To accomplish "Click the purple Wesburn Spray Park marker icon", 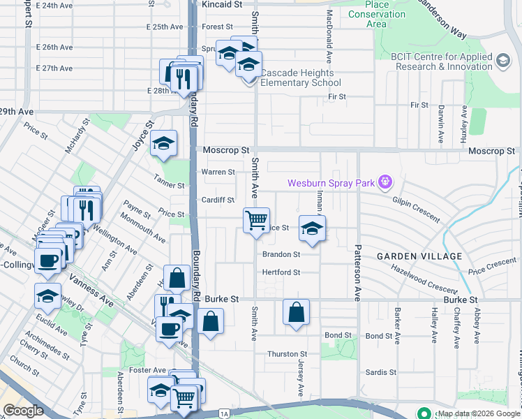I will pyautogui.click(x=384, y=184).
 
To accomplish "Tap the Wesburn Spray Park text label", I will pyautogui.click(x=331, y=184).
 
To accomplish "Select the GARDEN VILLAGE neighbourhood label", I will pyautogui.click(x=419, y=256).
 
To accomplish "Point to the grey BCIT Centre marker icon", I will pyautogui.click(x=502, y=61).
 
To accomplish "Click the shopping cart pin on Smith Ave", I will pyautogui.click(x=256, y=220).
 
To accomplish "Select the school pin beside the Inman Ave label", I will pyautogui.click(x=312, y=228).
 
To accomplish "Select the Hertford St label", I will pyautogui.click(x=281, y=272).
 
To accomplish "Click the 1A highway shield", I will pyautogui.click(x=223, y=414).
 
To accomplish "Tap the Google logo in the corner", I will pyautogui.click(x=23, y=411).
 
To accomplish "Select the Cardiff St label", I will pyautogui.click(x=218, y=200).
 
